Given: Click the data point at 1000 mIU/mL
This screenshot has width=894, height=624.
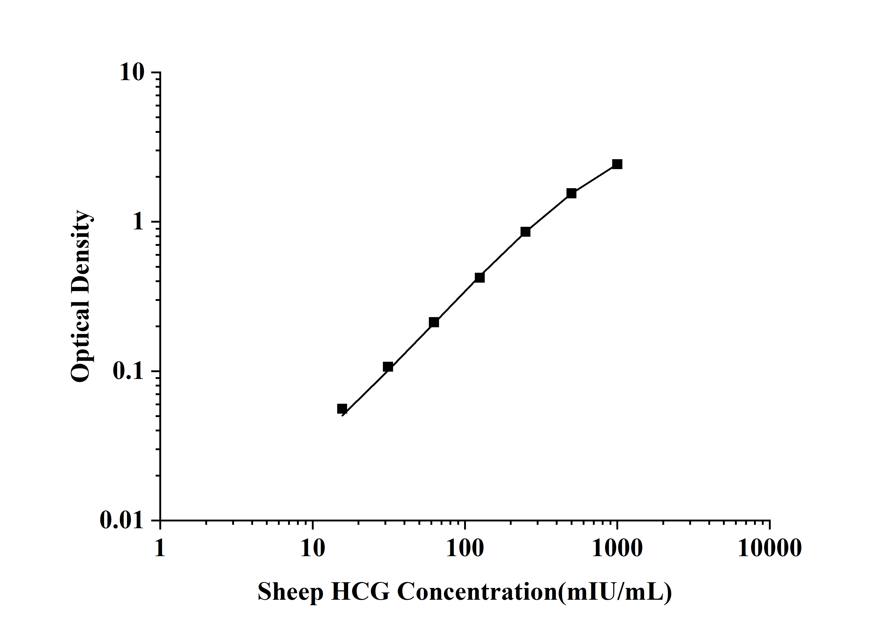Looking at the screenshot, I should [617, 164].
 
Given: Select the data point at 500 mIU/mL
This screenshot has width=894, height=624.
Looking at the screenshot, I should [571, 193].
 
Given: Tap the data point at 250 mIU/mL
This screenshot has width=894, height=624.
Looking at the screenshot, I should [525, 232].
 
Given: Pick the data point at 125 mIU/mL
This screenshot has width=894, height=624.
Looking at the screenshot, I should [480, 277].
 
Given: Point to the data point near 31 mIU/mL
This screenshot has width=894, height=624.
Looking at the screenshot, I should [388, 367].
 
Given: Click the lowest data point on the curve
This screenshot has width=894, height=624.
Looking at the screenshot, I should [342, 408].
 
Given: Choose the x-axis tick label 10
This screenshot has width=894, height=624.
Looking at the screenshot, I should [313, 549].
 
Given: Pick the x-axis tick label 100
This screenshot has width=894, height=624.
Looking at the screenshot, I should [465, 549].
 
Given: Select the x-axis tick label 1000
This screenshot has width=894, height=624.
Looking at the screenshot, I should [617, 549].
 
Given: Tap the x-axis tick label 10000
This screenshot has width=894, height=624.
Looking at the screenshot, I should [770, 549].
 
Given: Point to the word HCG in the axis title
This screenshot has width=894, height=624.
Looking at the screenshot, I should [360, 592].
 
